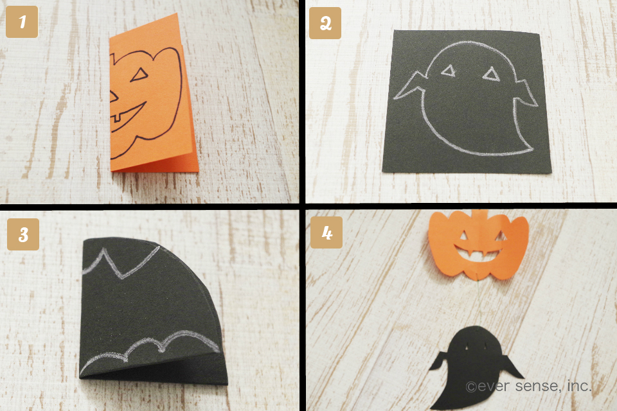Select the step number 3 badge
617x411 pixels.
[x=22, y=234]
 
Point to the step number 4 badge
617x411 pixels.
[x=326, y=232]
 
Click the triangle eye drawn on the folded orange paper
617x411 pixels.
[x=139, y=76]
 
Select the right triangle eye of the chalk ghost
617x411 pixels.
[x=492, y=75]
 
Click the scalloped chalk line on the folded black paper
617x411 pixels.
[x=154, y=347]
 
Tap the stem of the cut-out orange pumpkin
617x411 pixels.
[x=479, y=213]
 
